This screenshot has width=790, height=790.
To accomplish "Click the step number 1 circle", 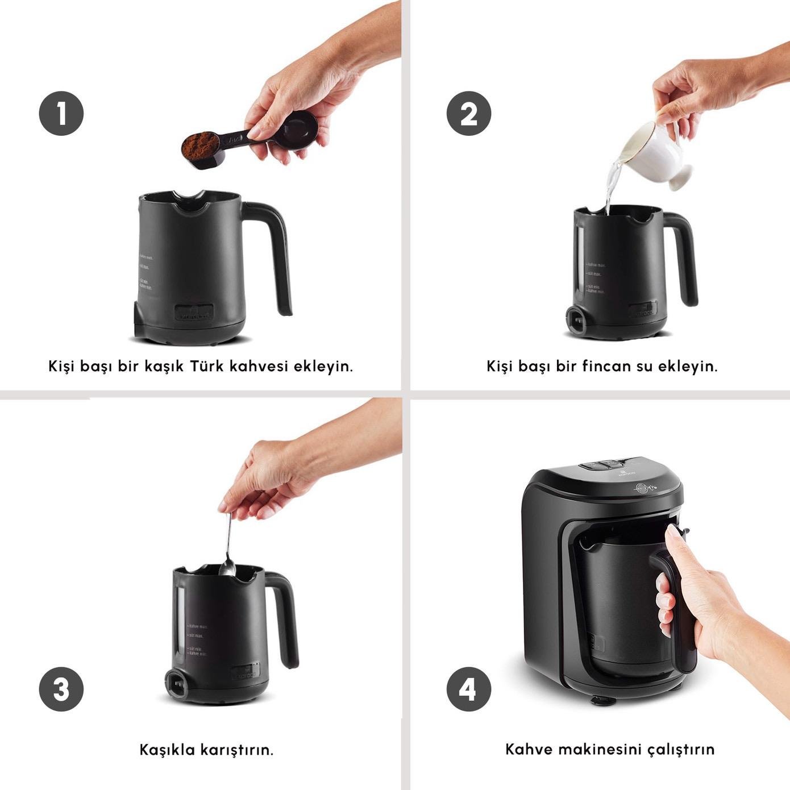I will pos(61,113).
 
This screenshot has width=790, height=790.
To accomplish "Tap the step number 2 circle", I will pos(468,113).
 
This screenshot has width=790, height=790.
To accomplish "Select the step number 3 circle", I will pos(61,689).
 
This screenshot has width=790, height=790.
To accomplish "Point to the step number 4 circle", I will pos(468,689).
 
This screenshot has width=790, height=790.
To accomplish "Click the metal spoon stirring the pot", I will pos(228,546).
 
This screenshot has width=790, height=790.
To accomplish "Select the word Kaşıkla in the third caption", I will pos(167,750).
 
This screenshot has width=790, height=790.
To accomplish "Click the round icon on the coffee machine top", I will pos(642,487).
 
